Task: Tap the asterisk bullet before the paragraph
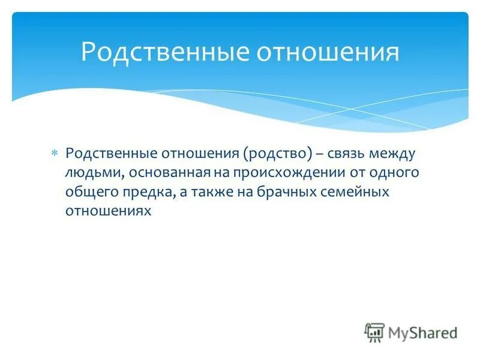pyautogui.click(x=53, y=154)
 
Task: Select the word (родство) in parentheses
pyautogui.click(x=277, y=154)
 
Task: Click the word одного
pyautogui.click(x=393, y=173)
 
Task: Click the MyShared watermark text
pyautogui.click(x=423, y=332)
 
